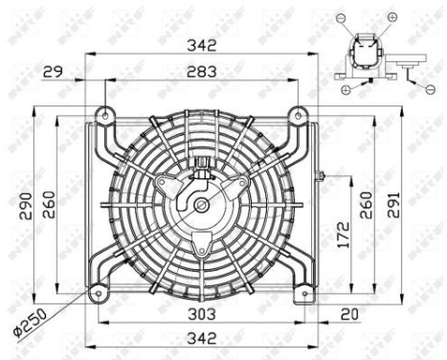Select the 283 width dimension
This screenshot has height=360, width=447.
click(201, 72)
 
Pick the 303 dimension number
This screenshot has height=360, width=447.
click(201, 314)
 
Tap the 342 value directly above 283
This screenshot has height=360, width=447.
click(201, 45)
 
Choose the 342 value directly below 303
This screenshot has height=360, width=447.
click(201, 338)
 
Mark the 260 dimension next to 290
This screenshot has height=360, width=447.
click(49, 205)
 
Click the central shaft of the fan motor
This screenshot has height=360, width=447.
click(201, 204)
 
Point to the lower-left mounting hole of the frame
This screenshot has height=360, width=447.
click(96, 292)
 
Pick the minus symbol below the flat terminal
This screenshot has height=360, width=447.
click(430, 88)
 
